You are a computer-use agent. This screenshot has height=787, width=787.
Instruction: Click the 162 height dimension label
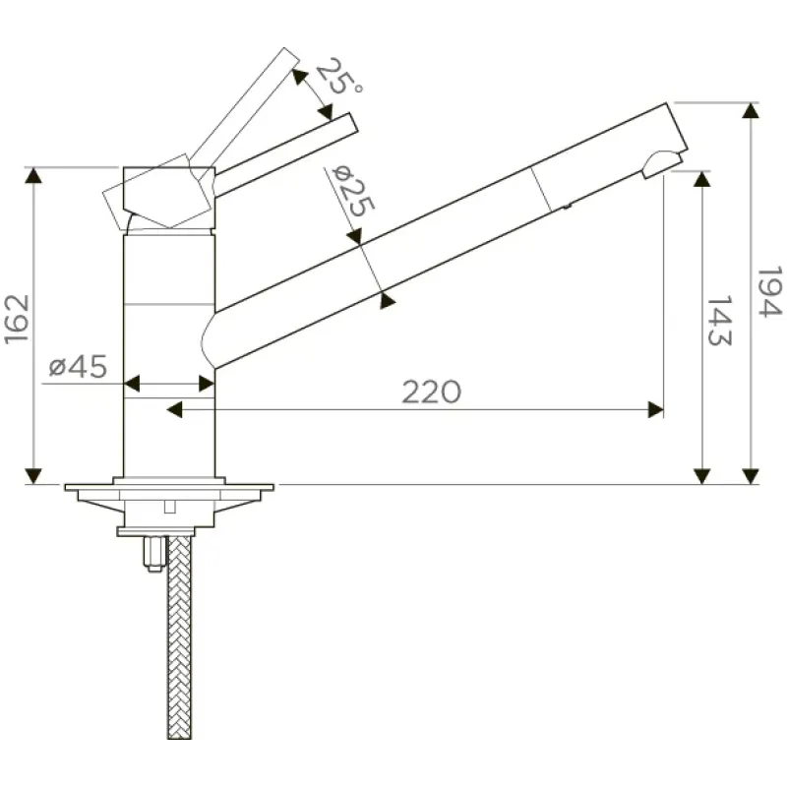point(16,320)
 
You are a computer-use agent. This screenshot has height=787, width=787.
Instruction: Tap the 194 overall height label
point(769,291)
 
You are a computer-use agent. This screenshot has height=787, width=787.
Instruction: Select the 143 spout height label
point(719,320)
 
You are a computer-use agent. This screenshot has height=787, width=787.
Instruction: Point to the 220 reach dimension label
point(431,392)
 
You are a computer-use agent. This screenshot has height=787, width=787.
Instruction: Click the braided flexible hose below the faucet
point(179,636)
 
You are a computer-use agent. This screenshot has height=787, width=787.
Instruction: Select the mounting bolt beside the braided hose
point(154,554)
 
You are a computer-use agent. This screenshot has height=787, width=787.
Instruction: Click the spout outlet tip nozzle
point(660,164)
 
